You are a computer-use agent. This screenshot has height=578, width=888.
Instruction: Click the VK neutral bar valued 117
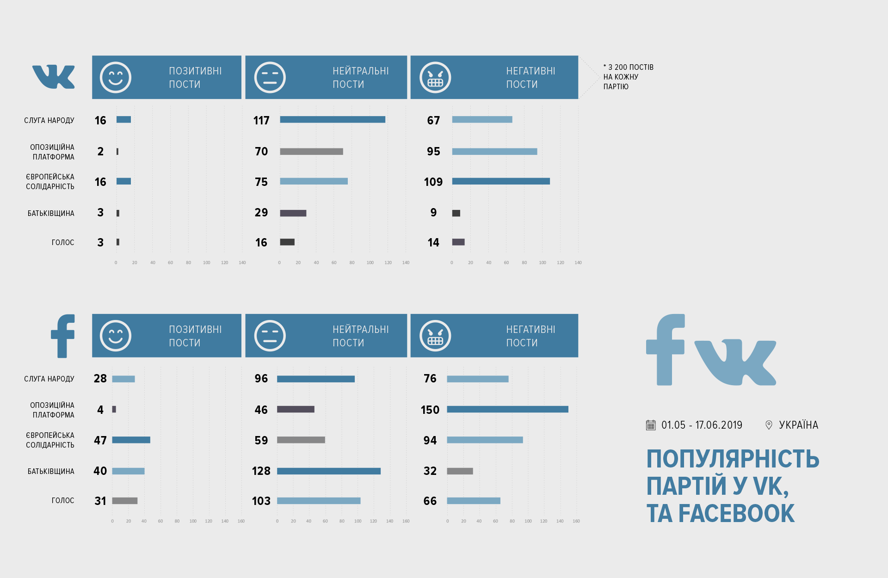pos(333,120)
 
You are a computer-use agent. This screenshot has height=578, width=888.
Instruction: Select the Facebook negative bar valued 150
pos(507,409)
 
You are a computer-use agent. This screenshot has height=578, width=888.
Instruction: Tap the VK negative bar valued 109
pos(501,181)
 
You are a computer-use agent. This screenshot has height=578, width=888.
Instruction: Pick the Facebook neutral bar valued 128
pos(329,471)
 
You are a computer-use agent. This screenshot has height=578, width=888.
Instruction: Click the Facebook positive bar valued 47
pos(131,440)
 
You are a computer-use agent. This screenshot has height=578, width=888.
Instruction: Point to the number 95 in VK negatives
pos(433,152)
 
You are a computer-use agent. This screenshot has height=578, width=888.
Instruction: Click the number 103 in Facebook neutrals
pos(261,501)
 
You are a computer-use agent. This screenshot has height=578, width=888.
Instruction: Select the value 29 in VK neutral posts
pos(261,213)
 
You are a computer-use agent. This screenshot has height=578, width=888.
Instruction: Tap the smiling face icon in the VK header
pos(116,77)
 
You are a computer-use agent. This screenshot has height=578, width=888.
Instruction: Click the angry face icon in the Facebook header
pos(435,336)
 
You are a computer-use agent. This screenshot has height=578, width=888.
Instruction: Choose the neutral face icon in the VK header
pos(270,77)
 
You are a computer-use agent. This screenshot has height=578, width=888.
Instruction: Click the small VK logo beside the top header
pos(54,77)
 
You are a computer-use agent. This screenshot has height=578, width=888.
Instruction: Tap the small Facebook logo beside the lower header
pos(63,336)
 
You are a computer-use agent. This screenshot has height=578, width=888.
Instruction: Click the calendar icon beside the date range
pos(651,425)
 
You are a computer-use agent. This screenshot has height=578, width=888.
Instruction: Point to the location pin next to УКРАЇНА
pos(769,425)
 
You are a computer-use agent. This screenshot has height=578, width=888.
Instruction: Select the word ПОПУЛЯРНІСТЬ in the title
pos(733,459)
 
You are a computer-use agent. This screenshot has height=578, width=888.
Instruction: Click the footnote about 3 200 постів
pos(628,77)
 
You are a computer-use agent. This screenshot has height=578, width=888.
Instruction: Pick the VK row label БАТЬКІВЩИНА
pos(51,213)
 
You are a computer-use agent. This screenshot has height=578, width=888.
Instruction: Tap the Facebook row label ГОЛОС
pos(63,501)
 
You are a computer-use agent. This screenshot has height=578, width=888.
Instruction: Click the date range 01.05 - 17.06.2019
pos(702,425)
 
